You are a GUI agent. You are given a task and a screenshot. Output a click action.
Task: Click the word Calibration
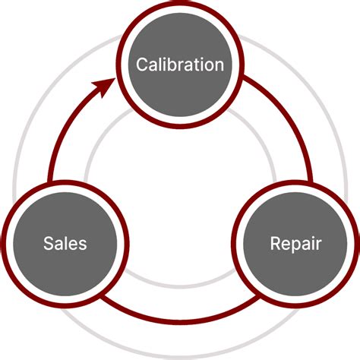(x=179, y=64)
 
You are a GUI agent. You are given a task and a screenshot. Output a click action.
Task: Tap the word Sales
(x=65, y=244)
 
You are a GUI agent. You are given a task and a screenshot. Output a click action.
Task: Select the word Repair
(x=295, y=244)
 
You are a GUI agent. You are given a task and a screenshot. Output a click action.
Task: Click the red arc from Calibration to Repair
(x=292, y=122)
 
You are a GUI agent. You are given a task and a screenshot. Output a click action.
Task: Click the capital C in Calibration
(x=141, y=64)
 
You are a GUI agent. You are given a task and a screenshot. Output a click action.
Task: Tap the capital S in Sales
(x=48, y=244)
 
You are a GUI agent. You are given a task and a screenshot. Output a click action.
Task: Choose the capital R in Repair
(x=275, y=244)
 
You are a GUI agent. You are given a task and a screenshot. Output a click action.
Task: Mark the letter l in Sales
(x=66, y=244)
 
